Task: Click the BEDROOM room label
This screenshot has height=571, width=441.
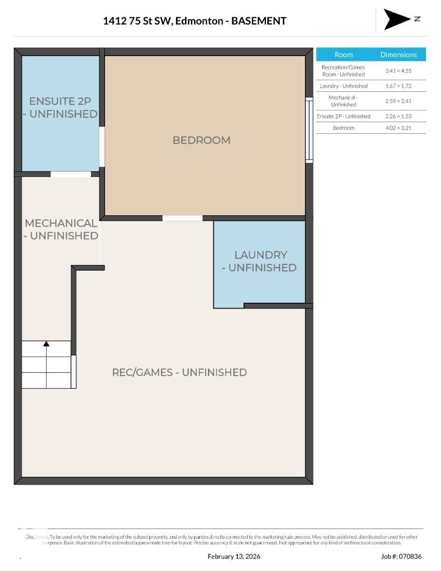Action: point(201,140)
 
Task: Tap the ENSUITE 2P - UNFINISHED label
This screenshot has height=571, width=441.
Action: point(60,108)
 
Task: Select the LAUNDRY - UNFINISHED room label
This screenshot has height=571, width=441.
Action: point(260,261)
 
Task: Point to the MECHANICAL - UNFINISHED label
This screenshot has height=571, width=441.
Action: point(61,229)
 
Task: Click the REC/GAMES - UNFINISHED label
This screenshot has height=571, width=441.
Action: point(179,372)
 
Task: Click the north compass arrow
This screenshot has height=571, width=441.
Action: point(397,19)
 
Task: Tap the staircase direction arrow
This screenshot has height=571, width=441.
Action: point(46,344)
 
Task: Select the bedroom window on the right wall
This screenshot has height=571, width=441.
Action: point(309,130)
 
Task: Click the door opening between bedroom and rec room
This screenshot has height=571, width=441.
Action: point(182,218)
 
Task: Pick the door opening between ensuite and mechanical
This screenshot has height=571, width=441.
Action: point(70,174)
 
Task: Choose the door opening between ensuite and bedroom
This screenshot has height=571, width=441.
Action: point(102,147)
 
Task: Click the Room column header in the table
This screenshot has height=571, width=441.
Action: point(343,55)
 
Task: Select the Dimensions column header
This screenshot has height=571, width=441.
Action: point(398,55)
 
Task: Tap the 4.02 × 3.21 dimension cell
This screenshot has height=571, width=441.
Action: point(398,128)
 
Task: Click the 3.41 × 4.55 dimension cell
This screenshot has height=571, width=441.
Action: point(398,71)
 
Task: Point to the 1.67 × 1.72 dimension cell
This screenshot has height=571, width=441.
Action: point(398,86)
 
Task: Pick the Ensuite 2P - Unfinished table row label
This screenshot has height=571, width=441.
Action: point(343,116)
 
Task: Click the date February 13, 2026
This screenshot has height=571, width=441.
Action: point(234,556)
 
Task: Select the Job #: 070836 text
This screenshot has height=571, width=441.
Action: point(401,556)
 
